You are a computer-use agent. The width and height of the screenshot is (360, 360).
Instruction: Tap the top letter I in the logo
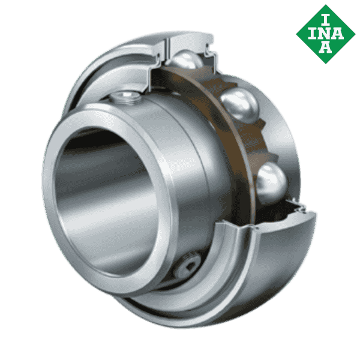coord(325,16)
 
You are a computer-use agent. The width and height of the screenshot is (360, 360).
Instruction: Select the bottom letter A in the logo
coord(325,47)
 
